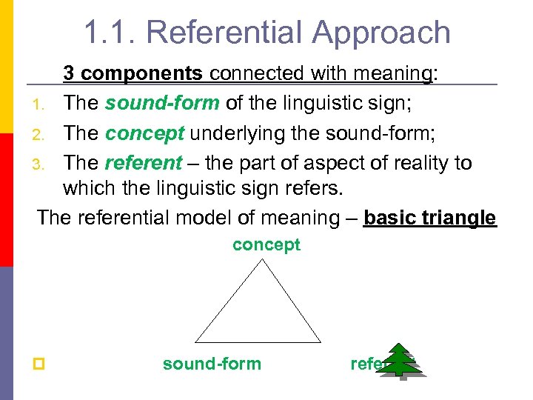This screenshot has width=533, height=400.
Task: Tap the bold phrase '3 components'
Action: click(133, 73)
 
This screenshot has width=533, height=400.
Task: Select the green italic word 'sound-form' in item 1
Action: click(161, 103)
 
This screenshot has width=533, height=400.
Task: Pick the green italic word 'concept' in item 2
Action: click(144, 133)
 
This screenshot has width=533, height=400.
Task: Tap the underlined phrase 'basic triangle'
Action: click(429, 218)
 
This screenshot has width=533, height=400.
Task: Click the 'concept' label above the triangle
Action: click(266, 245)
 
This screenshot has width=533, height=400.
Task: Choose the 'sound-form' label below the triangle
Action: click(212, 364)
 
